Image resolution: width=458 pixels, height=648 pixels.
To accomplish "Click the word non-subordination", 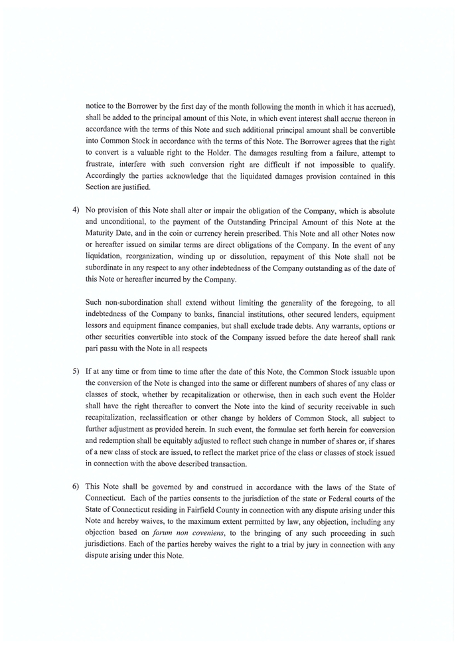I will click(131, 303).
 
